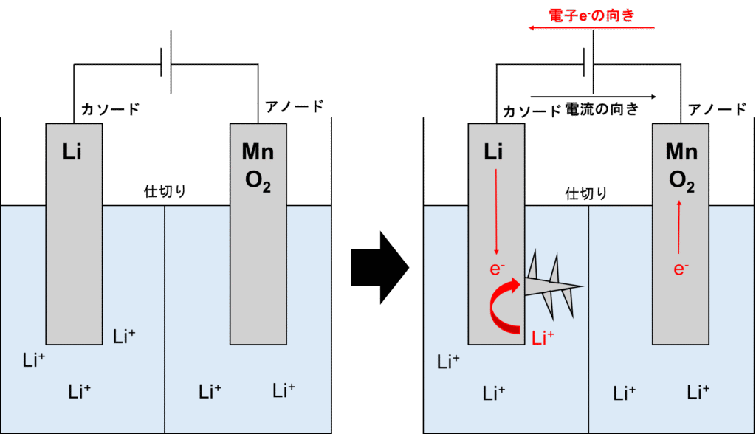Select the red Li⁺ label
543,339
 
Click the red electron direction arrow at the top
591,28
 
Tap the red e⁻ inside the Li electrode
497,269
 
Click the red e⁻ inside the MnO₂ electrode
681,269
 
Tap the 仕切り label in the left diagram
165,192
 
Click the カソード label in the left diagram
110,110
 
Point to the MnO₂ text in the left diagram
258,167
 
